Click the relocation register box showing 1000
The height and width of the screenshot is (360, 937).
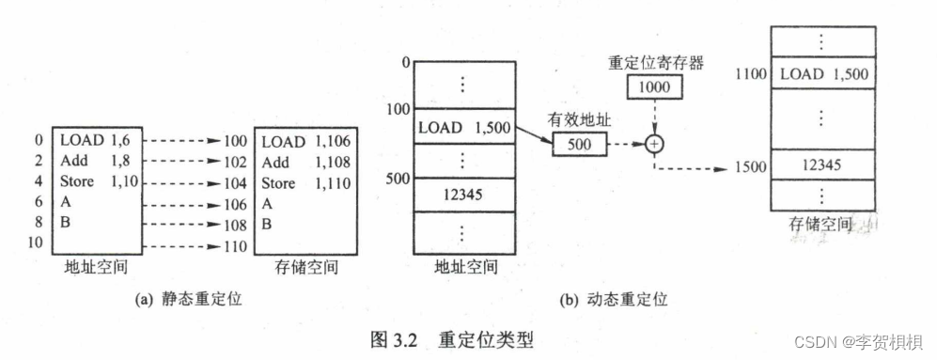(x=652, y=87)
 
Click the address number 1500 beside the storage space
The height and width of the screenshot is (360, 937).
(x=749, y=168)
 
